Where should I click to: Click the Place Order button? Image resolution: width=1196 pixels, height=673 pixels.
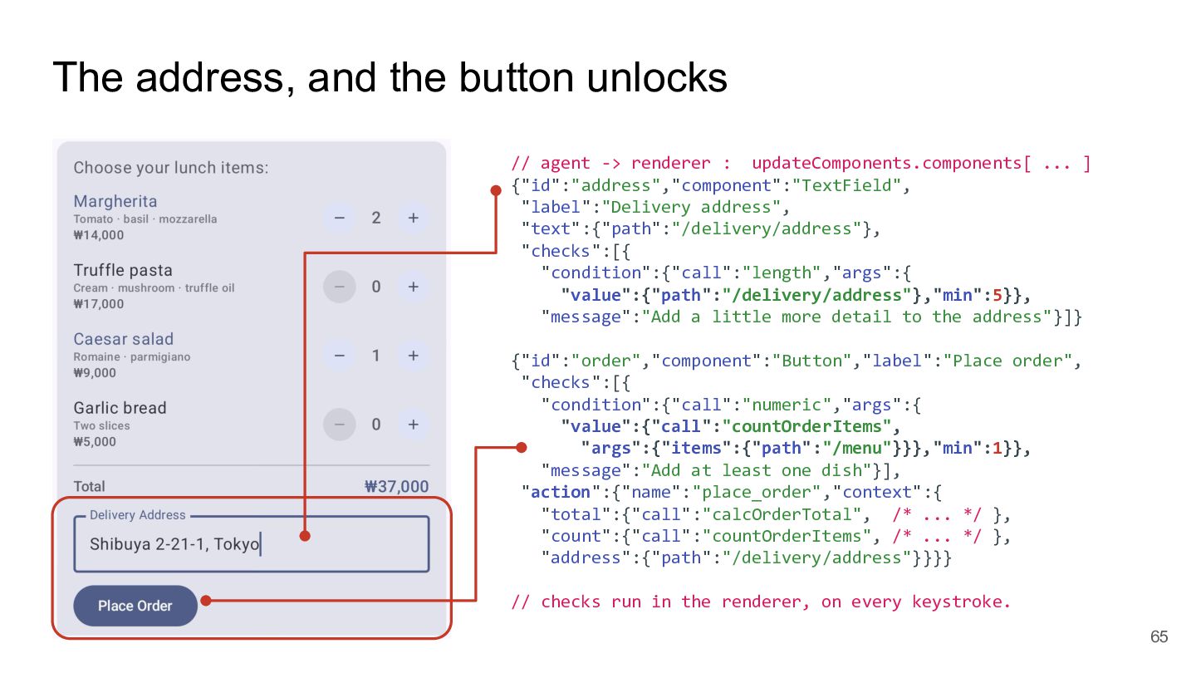pyautogui.click(x=135, y=606)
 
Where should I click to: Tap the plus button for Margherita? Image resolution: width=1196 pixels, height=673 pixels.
pyautogui.click(x=414, y=218)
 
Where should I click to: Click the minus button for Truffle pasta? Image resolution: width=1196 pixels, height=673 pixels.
pyautogui.click(x=339, y=287)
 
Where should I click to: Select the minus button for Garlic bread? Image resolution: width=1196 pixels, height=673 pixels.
pyautogui.click(x=339, y=425)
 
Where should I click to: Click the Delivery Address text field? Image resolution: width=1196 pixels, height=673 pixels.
pyautogui.click(x=252, y=543)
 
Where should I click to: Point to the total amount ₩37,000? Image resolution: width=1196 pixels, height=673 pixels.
pyautogui.click(x=396, y=487)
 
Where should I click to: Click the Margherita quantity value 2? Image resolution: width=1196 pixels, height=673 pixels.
pyautogui.click(x=376, y=218)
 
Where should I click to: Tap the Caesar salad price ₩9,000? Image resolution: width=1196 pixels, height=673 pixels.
pyautogui.click(x=95, y=373)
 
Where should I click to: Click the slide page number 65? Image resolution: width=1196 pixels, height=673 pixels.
pyautogui.click(x=1159, y=636)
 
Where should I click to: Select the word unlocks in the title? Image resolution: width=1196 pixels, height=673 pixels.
pyautogui.click(x=657, y=77)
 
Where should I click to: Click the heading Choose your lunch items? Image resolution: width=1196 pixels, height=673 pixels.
pyautogui.click(x=171, y=168)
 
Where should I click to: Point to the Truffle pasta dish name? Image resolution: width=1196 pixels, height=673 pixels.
pyautogui.click(x=123, y=270)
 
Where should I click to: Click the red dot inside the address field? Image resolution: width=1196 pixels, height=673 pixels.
pyautogui.click(x=305, y=536)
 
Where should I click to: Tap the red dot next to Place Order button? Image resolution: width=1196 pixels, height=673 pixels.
pyautogui.click(x=206, y=601)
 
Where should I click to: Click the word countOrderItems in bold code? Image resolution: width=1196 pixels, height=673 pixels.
pyautogui.click(x=806, y=426)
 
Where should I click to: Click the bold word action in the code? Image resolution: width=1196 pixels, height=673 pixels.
pyautogui.click(x=560, y=492)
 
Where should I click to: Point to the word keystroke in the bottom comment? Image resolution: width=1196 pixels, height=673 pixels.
pyautogui.click(x=960, y=602)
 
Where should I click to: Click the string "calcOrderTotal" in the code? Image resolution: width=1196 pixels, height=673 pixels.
pyautogui.click(x=782, y=514)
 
